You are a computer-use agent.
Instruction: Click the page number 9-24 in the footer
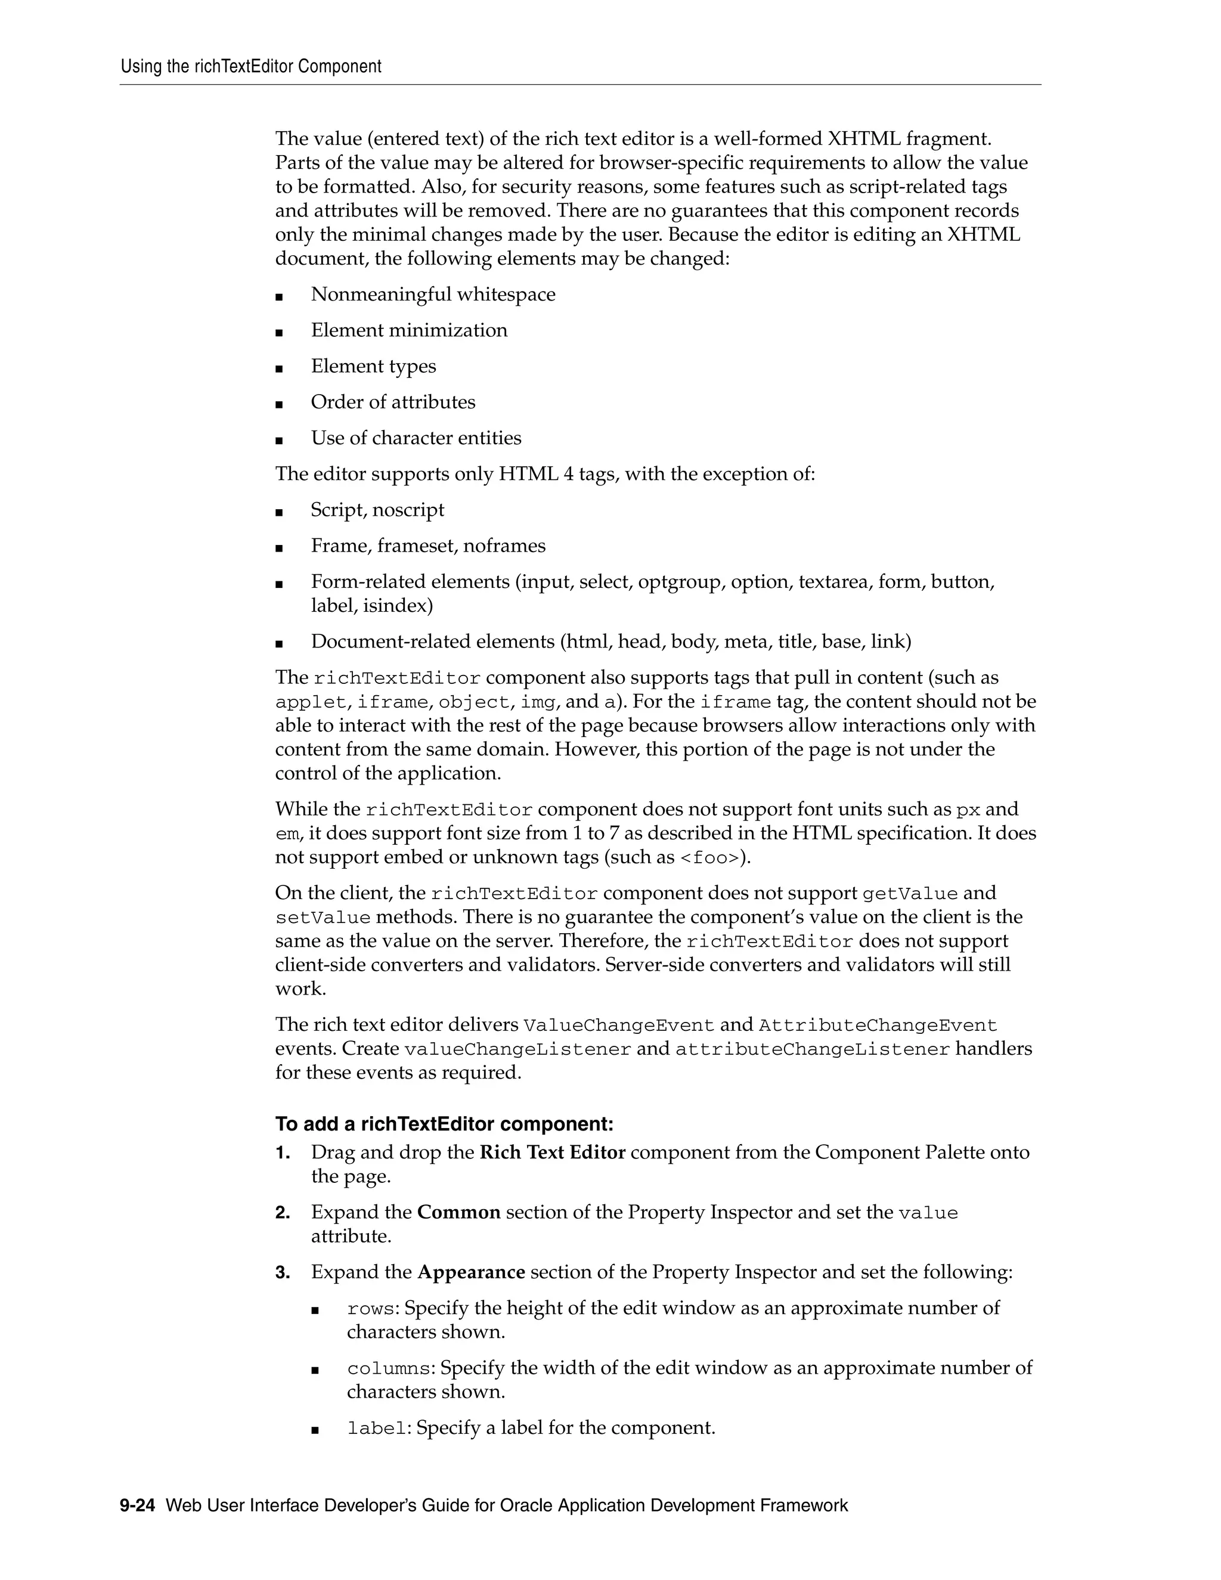click(x=138, y=1505)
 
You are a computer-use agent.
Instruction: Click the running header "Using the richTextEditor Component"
click(x=251, y=67)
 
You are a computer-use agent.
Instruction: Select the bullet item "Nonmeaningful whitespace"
click(x=433, y=295)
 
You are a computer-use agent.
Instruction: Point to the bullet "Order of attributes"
click(x=393, y=402)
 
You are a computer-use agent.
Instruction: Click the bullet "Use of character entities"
click(x=416, y=438)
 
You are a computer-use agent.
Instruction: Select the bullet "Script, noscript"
click(x=377, y=510)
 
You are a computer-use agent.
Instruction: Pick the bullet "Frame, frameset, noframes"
click(x=427, y=546)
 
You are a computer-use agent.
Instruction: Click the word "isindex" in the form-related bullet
click(x=397, y=606)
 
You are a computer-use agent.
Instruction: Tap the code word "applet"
click(x=310, y=702)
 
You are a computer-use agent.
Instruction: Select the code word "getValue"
click(x=910, y=894)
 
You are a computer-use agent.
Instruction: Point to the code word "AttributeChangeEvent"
click(x=878, y=1026)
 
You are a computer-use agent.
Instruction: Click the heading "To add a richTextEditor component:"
click(x=444, y=1124)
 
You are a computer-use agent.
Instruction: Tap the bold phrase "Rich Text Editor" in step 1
click(x=552, y=1153)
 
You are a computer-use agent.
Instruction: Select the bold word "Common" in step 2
click(x=458, y=1213)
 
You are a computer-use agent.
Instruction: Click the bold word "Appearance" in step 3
click(x=471, y=1272)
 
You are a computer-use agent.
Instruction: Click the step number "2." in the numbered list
click(x=283, y=1213)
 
